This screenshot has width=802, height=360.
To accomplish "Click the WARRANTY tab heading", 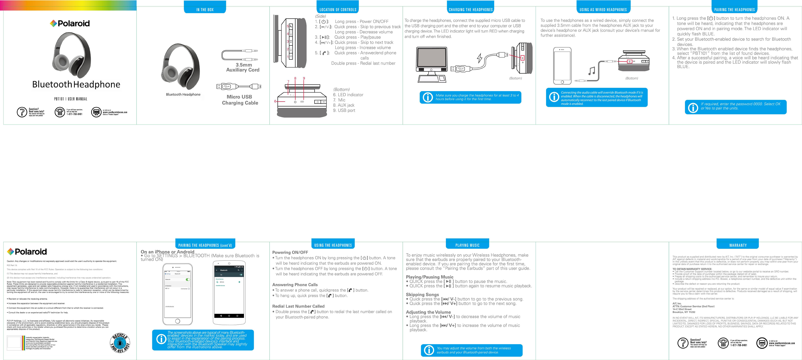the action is coord(738,245).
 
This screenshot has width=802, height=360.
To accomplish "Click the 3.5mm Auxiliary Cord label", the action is coord(243,67).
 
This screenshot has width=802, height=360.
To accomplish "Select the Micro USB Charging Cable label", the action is coord(240,100).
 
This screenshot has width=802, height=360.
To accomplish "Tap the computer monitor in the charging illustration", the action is coord(431,61).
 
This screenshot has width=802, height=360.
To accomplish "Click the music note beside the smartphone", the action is coord(592,71).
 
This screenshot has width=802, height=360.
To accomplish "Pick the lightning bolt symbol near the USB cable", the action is coord(480,58).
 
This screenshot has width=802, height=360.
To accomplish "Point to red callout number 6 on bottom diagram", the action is coord(275,101).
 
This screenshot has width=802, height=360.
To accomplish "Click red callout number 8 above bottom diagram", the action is coord(295,79).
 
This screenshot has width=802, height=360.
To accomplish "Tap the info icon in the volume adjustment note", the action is coord(429,350).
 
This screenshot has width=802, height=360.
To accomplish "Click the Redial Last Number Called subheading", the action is coord(298,306).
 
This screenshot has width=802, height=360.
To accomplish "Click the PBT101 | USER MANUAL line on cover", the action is coord(71,99).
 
